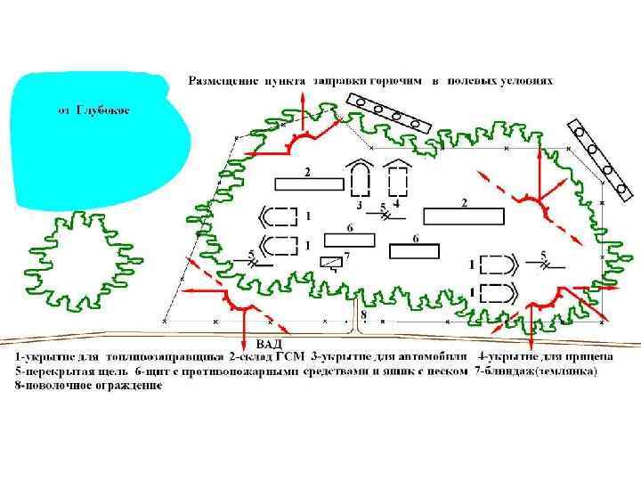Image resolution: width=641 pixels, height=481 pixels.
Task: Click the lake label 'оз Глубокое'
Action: [93, 110]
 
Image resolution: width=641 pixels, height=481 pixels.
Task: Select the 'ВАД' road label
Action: [270, 343]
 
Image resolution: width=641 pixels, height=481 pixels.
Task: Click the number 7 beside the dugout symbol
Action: [346, 256]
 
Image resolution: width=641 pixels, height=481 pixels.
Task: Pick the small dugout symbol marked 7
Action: [330, 262]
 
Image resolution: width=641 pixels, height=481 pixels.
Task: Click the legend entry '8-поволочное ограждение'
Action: [88, 386]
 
